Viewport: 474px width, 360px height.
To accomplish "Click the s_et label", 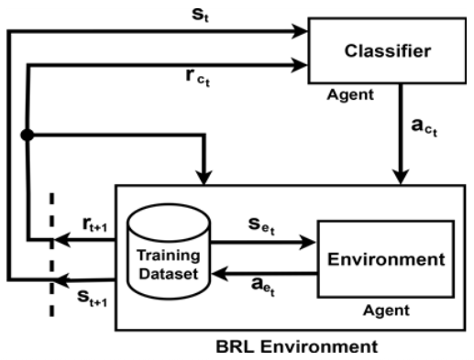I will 259,226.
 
